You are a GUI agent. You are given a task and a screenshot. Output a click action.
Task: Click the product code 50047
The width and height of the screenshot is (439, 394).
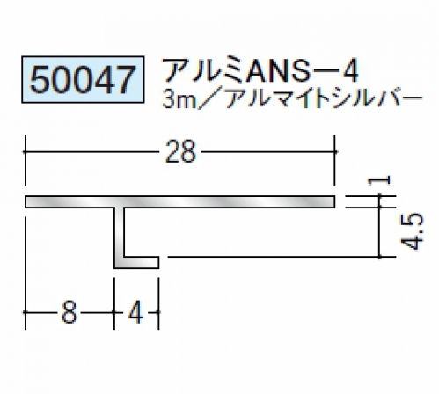click(x=83, y=79)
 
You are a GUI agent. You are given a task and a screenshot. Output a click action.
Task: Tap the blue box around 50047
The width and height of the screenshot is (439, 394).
click(x=83, y=56)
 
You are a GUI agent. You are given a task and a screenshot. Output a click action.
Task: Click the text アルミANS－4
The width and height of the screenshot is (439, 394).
click(x=260, y=71)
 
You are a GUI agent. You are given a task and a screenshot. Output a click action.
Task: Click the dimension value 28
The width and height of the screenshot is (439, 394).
click(x=180, y=152)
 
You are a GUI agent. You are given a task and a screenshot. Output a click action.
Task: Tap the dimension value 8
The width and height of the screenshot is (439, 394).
click(x=70, y=312)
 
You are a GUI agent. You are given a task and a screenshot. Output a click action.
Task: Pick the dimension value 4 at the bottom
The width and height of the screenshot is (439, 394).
click(x=136, y=312)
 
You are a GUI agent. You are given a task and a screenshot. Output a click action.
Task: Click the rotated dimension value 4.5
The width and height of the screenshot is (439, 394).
click(x=412, y=232)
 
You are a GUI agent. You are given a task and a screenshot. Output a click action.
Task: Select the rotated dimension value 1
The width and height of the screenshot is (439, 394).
click(x=379, y=179)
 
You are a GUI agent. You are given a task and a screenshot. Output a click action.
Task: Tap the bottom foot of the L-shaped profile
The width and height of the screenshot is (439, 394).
click(x=136, y=263)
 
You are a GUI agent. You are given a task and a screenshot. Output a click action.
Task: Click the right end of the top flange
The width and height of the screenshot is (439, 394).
click(x=334, y=201)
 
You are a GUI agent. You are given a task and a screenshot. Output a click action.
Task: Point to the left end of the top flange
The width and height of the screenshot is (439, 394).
click(x=26, y=201)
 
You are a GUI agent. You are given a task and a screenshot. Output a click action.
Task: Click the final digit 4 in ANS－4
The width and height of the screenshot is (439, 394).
click(x=350, y=71)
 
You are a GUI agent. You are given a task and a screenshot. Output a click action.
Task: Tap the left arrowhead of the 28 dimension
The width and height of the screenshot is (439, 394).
click(x=26, y=151)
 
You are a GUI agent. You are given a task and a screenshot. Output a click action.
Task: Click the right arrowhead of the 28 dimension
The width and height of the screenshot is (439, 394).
click(x=334, y=151)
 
